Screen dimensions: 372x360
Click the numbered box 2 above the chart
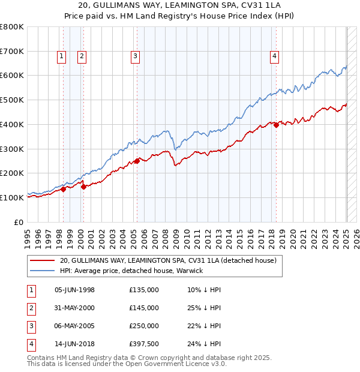(82, 56)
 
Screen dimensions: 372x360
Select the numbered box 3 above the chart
(136, 56)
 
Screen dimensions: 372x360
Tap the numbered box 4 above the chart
(274, 56)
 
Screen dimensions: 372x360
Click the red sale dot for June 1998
(63, 189)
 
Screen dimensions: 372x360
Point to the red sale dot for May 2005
(137, 161)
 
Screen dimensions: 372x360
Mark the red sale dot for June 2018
(276, 125)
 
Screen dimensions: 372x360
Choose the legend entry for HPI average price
(131, 271)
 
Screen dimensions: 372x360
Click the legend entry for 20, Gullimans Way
(168, 260)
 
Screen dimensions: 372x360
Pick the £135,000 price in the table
(144, 290)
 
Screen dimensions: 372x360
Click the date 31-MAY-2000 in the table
(75, 308)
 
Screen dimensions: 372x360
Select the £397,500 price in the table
(144, 344)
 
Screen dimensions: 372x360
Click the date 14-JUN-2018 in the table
(75, 344)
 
